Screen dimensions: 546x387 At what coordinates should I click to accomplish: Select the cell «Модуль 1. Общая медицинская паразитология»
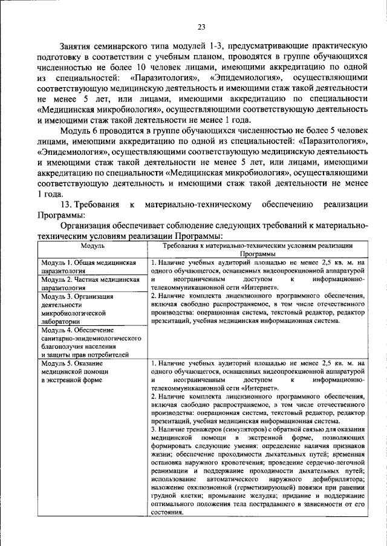point(86,267)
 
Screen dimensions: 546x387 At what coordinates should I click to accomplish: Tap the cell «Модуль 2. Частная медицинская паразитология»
point(86,285)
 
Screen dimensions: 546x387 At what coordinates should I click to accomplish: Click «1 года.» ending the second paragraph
point(49,194)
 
